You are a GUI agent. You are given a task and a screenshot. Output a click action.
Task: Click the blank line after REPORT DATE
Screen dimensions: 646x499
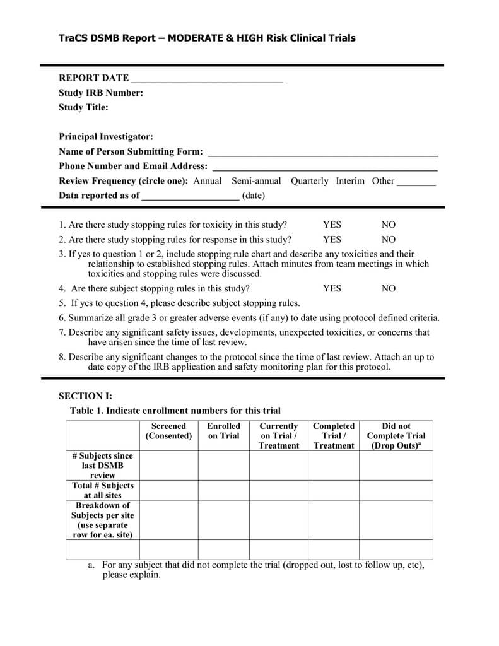click(x=206, y=79)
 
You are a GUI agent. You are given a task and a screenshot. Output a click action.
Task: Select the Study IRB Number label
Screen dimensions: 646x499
click(x=101, y=93)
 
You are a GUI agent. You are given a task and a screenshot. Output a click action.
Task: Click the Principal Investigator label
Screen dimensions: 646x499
click(x=106, y=137)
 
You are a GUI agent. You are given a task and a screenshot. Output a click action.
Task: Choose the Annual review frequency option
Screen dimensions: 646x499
click(x=208, y=181)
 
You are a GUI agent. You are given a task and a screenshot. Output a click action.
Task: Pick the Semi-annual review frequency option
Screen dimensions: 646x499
click(x=256, y=181)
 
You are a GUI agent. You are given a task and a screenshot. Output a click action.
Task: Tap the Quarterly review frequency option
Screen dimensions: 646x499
click(x=309, y=181)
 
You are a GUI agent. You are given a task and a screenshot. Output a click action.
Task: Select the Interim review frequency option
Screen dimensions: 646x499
click(x=350, y=181)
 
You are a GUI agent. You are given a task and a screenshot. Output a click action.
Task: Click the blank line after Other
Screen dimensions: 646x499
click(x=416, y=182)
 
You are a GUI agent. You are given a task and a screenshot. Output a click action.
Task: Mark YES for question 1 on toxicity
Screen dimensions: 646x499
click(x=332, y=225)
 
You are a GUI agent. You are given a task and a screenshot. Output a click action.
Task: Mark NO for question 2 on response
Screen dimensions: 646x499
click(x=389, y=240)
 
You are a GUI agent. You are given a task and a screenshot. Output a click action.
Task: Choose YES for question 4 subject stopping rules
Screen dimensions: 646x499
click(x=332, y=288)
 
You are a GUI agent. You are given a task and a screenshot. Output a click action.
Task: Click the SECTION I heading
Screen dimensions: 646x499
click(x=85, y=396)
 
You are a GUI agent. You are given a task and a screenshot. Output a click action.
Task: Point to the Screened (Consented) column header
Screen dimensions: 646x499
click(x=168, y=431)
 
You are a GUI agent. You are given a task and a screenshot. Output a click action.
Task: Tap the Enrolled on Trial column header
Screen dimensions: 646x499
click(x=224, y=431)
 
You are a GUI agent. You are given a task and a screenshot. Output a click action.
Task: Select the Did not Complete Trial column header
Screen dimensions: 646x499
click(x=396, y=435)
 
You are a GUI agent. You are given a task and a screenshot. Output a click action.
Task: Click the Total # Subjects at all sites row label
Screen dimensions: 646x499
click(x=103, y=490)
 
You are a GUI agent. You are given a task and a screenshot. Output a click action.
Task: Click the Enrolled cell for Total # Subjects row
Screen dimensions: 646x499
click(x=224, y=490)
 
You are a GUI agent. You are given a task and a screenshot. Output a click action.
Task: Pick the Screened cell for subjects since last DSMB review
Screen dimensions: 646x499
click(x=168, y=465)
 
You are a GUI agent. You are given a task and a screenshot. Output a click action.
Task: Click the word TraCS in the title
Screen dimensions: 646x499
click(x=74, y=38)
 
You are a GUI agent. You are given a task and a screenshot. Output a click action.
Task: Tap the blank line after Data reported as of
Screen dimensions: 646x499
click(x=191, y=197)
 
